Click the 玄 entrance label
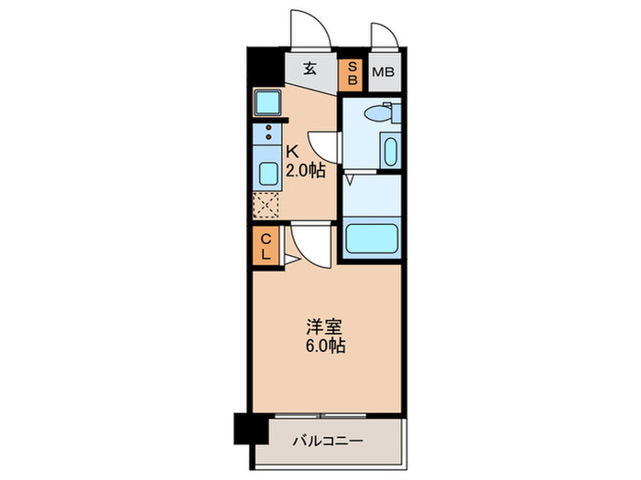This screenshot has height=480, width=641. [x=311, y=69]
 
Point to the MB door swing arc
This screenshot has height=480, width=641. [x=384, y=36]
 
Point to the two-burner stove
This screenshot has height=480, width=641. [x=268, y=133]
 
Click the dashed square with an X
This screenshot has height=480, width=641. [x=266, y=206]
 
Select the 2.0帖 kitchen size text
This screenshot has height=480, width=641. [x=306, y=170]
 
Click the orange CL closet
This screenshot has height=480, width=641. [x=266, y=247]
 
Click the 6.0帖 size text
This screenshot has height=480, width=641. [x=325, y=347]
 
